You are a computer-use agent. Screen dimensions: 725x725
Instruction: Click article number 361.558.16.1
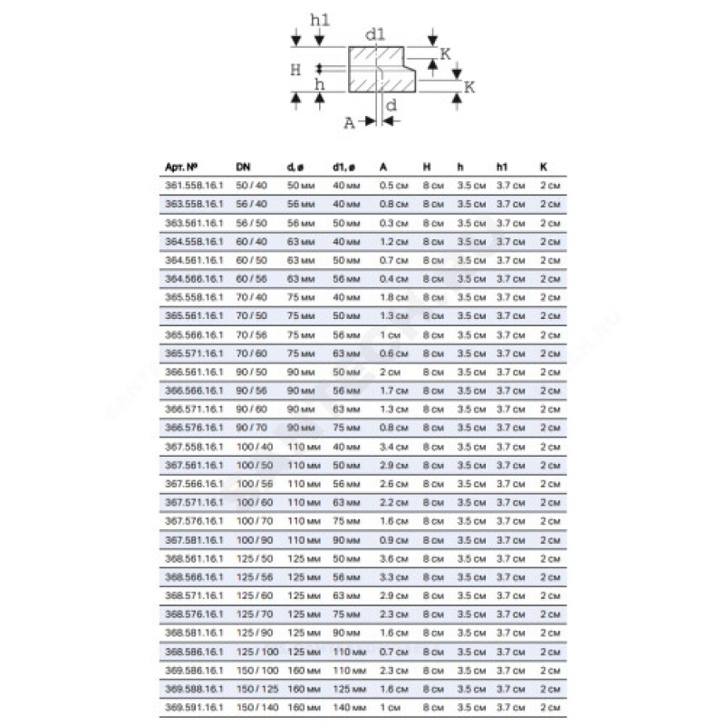(x=193, y=185)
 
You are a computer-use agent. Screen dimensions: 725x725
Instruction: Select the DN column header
(x=243, y=167)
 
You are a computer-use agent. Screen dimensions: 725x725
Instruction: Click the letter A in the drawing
(x=350, y=125)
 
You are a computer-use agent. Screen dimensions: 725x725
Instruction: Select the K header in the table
(x=543, y=167)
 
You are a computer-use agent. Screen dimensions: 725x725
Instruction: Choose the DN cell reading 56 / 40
(x=250, y=204)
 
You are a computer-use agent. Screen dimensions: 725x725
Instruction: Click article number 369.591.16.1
(x=193, y=708)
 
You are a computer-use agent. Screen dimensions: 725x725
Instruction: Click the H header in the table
(x=427, y=167)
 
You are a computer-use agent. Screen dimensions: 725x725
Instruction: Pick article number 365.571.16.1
(x=193, y=353)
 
